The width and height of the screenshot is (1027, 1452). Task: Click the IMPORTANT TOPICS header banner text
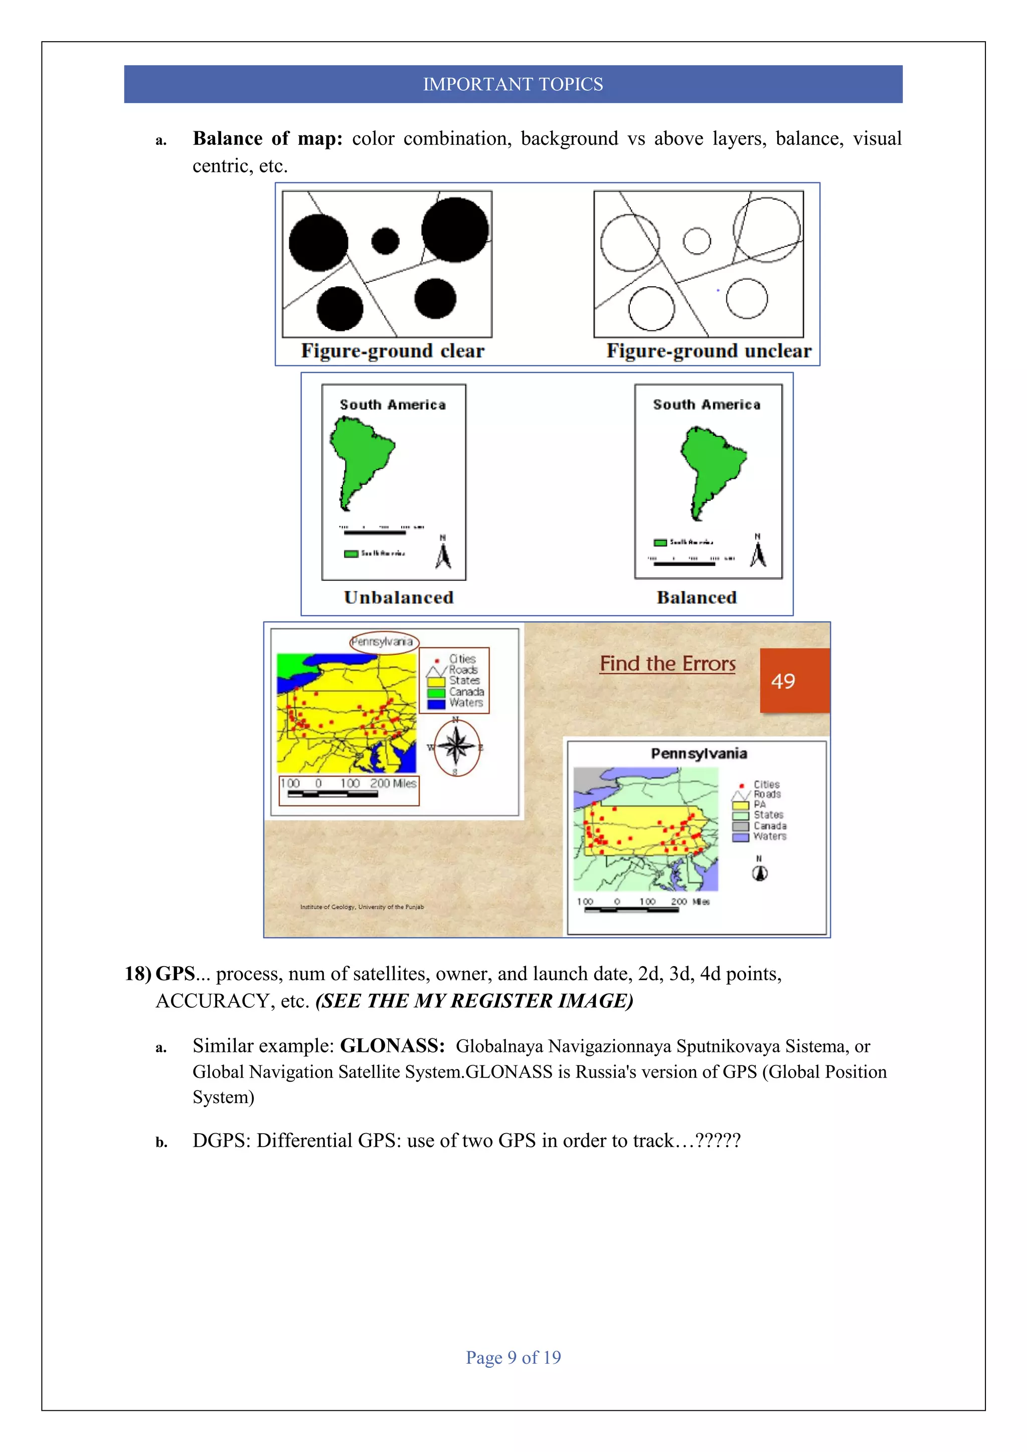513,84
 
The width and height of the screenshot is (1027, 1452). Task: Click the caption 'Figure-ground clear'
392,351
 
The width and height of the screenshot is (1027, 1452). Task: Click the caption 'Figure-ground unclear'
708,351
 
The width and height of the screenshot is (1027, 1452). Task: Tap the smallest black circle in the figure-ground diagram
385,241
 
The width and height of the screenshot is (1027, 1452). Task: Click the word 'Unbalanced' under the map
398,598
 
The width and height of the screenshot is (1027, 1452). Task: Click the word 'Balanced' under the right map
696,598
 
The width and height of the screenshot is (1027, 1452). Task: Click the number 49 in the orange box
783,681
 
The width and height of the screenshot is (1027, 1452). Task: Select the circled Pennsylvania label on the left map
383,641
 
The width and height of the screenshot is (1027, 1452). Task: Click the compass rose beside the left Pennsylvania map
456,747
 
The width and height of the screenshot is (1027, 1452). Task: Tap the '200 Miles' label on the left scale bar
393,784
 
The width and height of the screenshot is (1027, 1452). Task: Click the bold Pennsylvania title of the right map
699,753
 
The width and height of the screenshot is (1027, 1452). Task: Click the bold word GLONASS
392,1046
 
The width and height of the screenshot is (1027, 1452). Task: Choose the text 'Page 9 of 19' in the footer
513,1357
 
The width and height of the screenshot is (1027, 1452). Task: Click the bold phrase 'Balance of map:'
267,138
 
